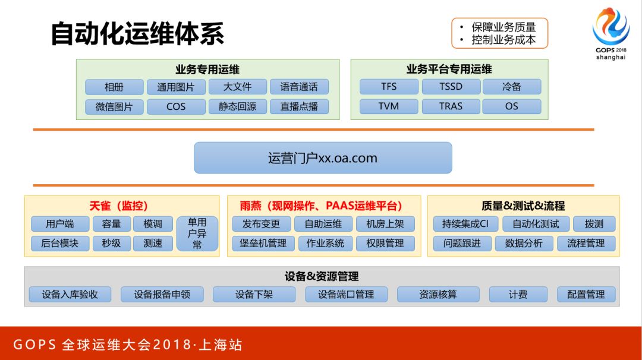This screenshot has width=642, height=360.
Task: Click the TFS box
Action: (389, 87)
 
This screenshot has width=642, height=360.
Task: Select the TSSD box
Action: (451, 87)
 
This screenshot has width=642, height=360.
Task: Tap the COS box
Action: (176, 107)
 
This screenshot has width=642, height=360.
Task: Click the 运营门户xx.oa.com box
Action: (323, 158)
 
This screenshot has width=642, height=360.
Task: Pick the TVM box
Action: (389, 107)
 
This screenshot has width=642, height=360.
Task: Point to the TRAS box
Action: (451, 107)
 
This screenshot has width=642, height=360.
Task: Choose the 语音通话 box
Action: (299, 87)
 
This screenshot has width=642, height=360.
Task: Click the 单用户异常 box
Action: (197, 233)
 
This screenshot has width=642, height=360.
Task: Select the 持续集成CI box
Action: (465, 224)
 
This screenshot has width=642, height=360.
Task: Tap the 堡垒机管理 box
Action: (259, 244)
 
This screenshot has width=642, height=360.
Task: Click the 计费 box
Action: (518, 295)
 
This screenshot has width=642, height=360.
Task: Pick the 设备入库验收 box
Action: (70, 295)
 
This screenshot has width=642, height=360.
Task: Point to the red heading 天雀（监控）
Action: (119, 206)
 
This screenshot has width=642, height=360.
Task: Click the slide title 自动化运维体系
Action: (137, 33)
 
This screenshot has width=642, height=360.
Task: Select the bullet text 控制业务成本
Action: (503, 40)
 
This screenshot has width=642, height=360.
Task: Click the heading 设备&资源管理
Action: (322, 276)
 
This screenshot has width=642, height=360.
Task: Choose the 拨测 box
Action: (594, 224)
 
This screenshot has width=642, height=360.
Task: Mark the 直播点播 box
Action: (299, 107)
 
